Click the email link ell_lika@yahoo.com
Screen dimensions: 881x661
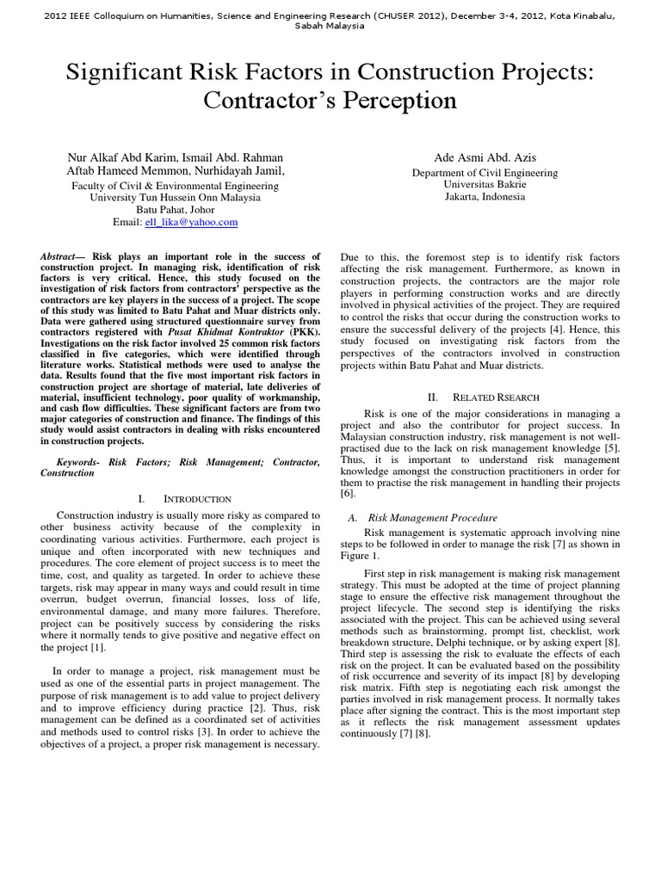pos(195,222)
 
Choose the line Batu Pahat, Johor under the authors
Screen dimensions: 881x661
pos(174,209)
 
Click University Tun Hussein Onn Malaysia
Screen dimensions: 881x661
pos(174,196)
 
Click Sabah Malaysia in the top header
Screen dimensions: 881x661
pos(330,26)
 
